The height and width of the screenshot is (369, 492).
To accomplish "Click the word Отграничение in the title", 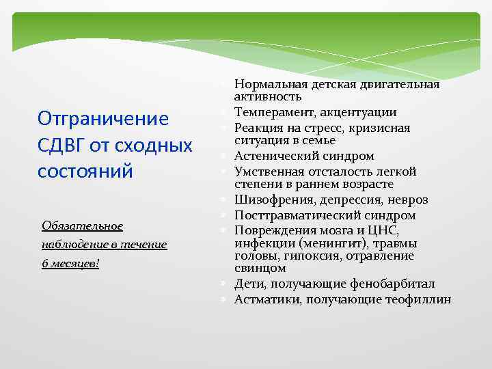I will pyautogui.click(x=103, y=119).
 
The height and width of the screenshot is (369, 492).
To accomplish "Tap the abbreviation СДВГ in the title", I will pyautogui.click(x=63, y=145).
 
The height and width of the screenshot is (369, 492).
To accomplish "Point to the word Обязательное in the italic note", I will pyautogui.click(x=82, y=225).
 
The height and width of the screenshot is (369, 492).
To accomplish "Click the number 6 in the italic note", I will pyautogui.click(x=44, y=263).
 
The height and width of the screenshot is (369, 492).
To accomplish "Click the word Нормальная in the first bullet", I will pyautogui.click(x=266, y=85).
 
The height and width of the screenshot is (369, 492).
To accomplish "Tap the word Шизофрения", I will pyautogui.click(x=269, y=200).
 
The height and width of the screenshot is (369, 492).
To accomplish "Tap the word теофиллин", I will pyautogui.click(x=419, y=299).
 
